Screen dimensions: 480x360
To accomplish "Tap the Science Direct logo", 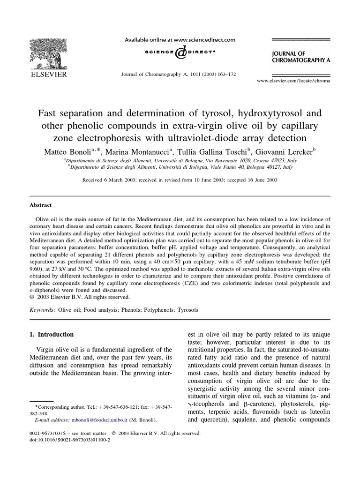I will (180, 54).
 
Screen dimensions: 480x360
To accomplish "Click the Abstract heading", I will (41, 205).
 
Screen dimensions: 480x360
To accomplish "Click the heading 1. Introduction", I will (52, 335).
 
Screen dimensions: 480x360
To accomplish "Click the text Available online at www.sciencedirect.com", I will (180, 41).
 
